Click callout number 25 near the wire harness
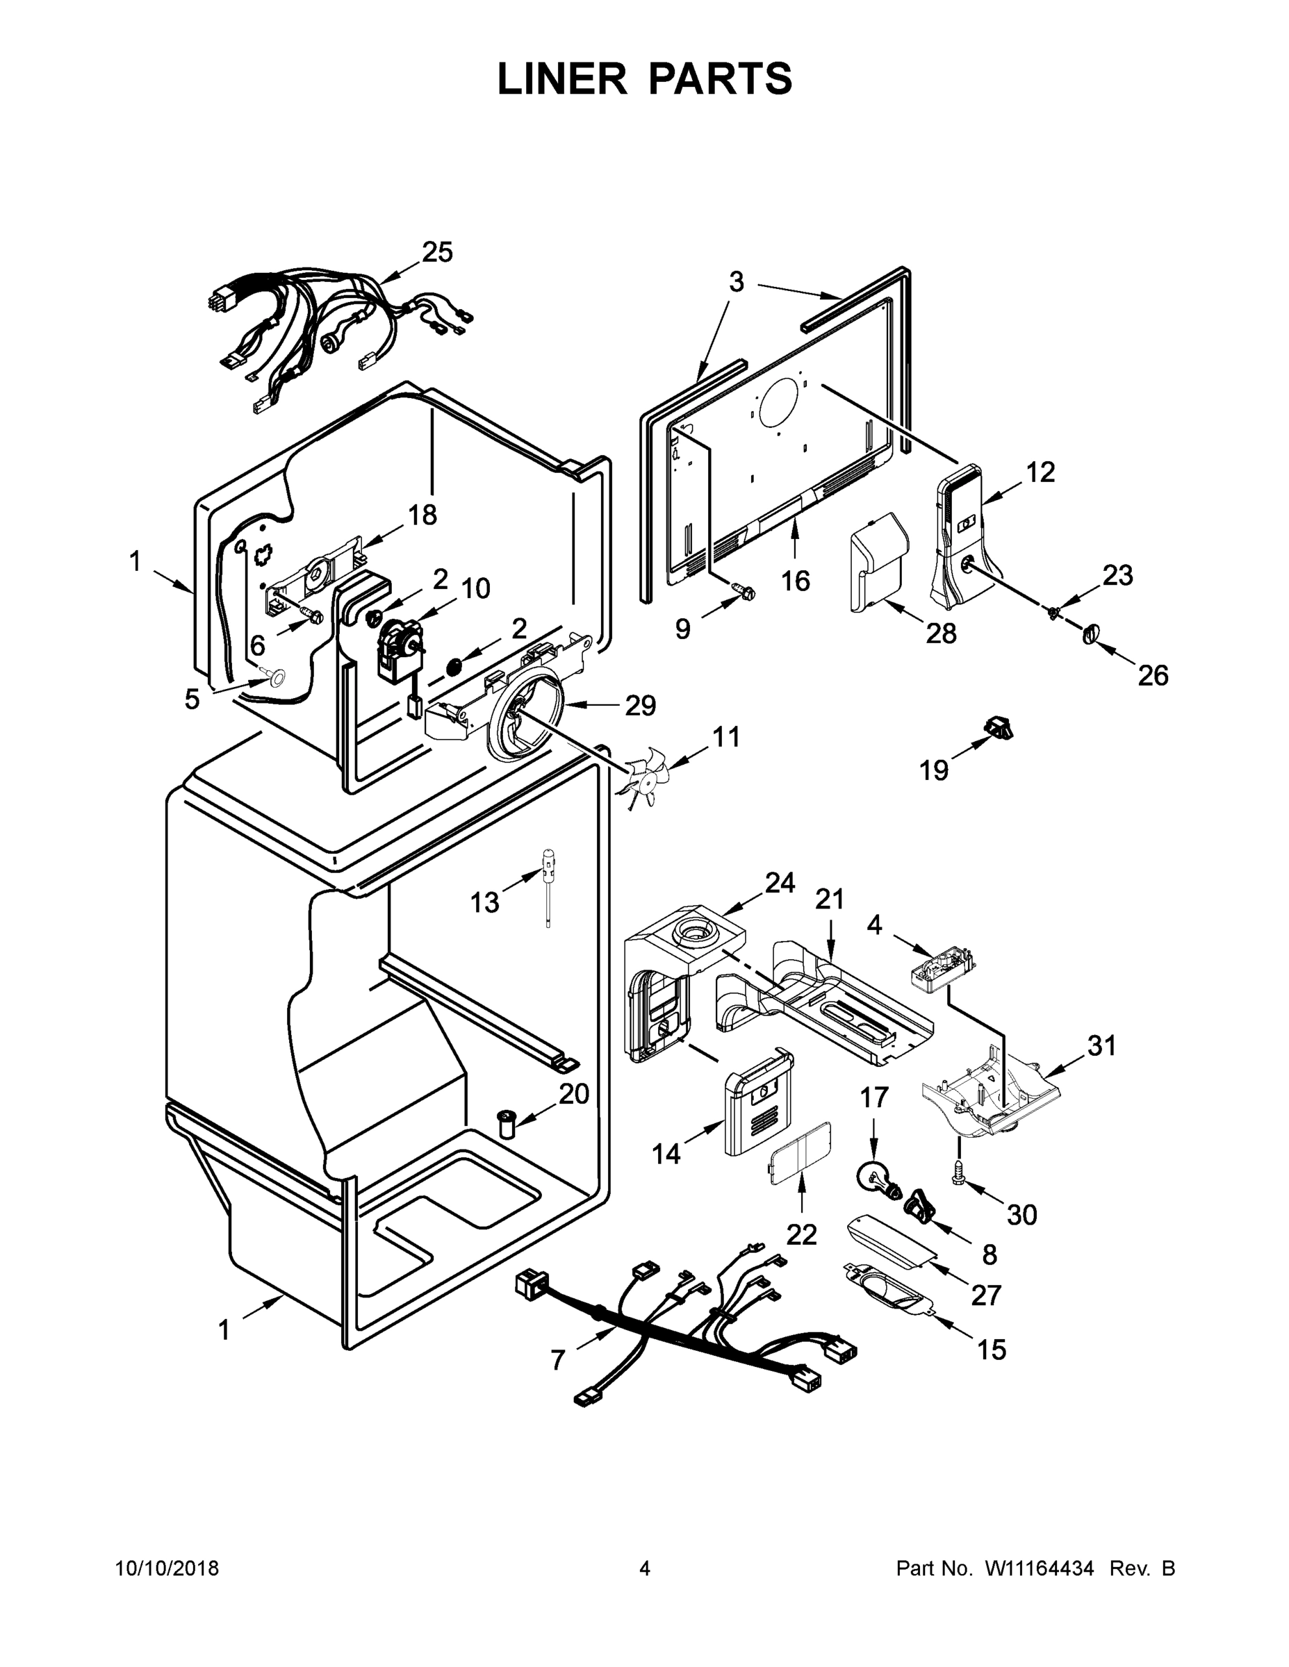click(437, 252)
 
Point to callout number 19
click(933, 770)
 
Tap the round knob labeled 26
click(1090, 633)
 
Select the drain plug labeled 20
click(507, 1122)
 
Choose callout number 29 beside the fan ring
click(640, 705)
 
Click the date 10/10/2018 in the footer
click(167, 1568)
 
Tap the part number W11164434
click(1040, 1568)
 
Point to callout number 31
click(1102, 1045)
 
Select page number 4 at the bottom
click(645, 1568)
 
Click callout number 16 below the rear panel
click(795, 581)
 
